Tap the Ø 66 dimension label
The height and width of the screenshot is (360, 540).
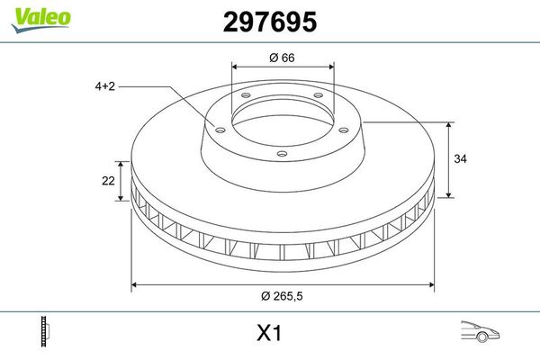tap(283, 59)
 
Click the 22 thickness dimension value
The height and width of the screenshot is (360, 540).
tap(109, 181)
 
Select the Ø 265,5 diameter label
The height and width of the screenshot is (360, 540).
tap(283, 298)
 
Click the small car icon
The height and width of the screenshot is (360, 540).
tap(479, 332)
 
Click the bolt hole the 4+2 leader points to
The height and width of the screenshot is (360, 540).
tap(217, 126)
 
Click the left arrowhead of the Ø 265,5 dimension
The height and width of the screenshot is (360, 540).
tap(135, 285)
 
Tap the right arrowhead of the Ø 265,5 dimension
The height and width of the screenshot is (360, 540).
tap(433, 285)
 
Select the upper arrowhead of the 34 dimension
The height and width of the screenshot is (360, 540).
tap(448, 124)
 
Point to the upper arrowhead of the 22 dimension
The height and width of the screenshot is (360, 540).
tap(118, 164)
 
